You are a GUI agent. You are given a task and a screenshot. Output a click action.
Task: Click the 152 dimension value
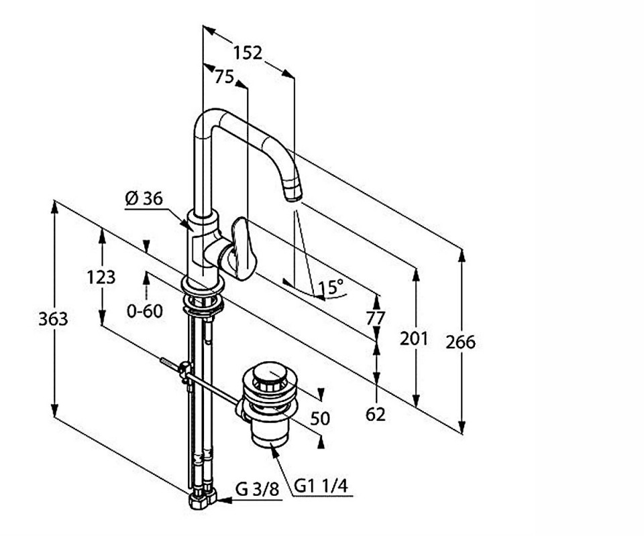pos(248,52)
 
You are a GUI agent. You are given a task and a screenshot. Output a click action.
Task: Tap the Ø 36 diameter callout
pos(144,198)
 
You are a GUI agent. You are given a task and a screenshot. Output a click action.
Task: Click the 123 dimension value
pos(101,276)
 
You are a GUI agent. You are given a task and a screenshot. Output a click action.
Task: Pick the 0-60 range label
pos(146,311)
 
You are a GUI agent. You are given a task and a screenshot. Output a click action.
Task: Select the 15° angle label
pos(331,287)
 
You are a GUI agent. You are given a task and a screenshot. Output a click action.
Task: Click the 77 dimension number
pos(376,318)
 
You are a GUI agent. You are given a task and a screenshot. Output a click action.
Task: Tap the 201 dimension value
pos(414,339)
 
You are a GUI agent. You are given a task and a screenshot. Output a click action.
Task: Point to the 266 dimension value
pos(461,342)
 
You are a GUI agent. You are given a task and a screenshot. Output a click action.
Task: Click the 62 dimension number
pos(376,415)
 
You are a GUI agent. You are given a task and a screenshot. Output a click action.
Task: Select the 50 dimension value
pos(321,418)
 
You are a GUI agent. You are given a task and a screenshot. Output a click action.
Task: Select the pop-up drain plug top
pos(270,373)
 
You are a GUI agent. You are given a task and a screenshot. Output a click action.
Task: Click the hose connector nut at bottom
pos(201,498)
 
